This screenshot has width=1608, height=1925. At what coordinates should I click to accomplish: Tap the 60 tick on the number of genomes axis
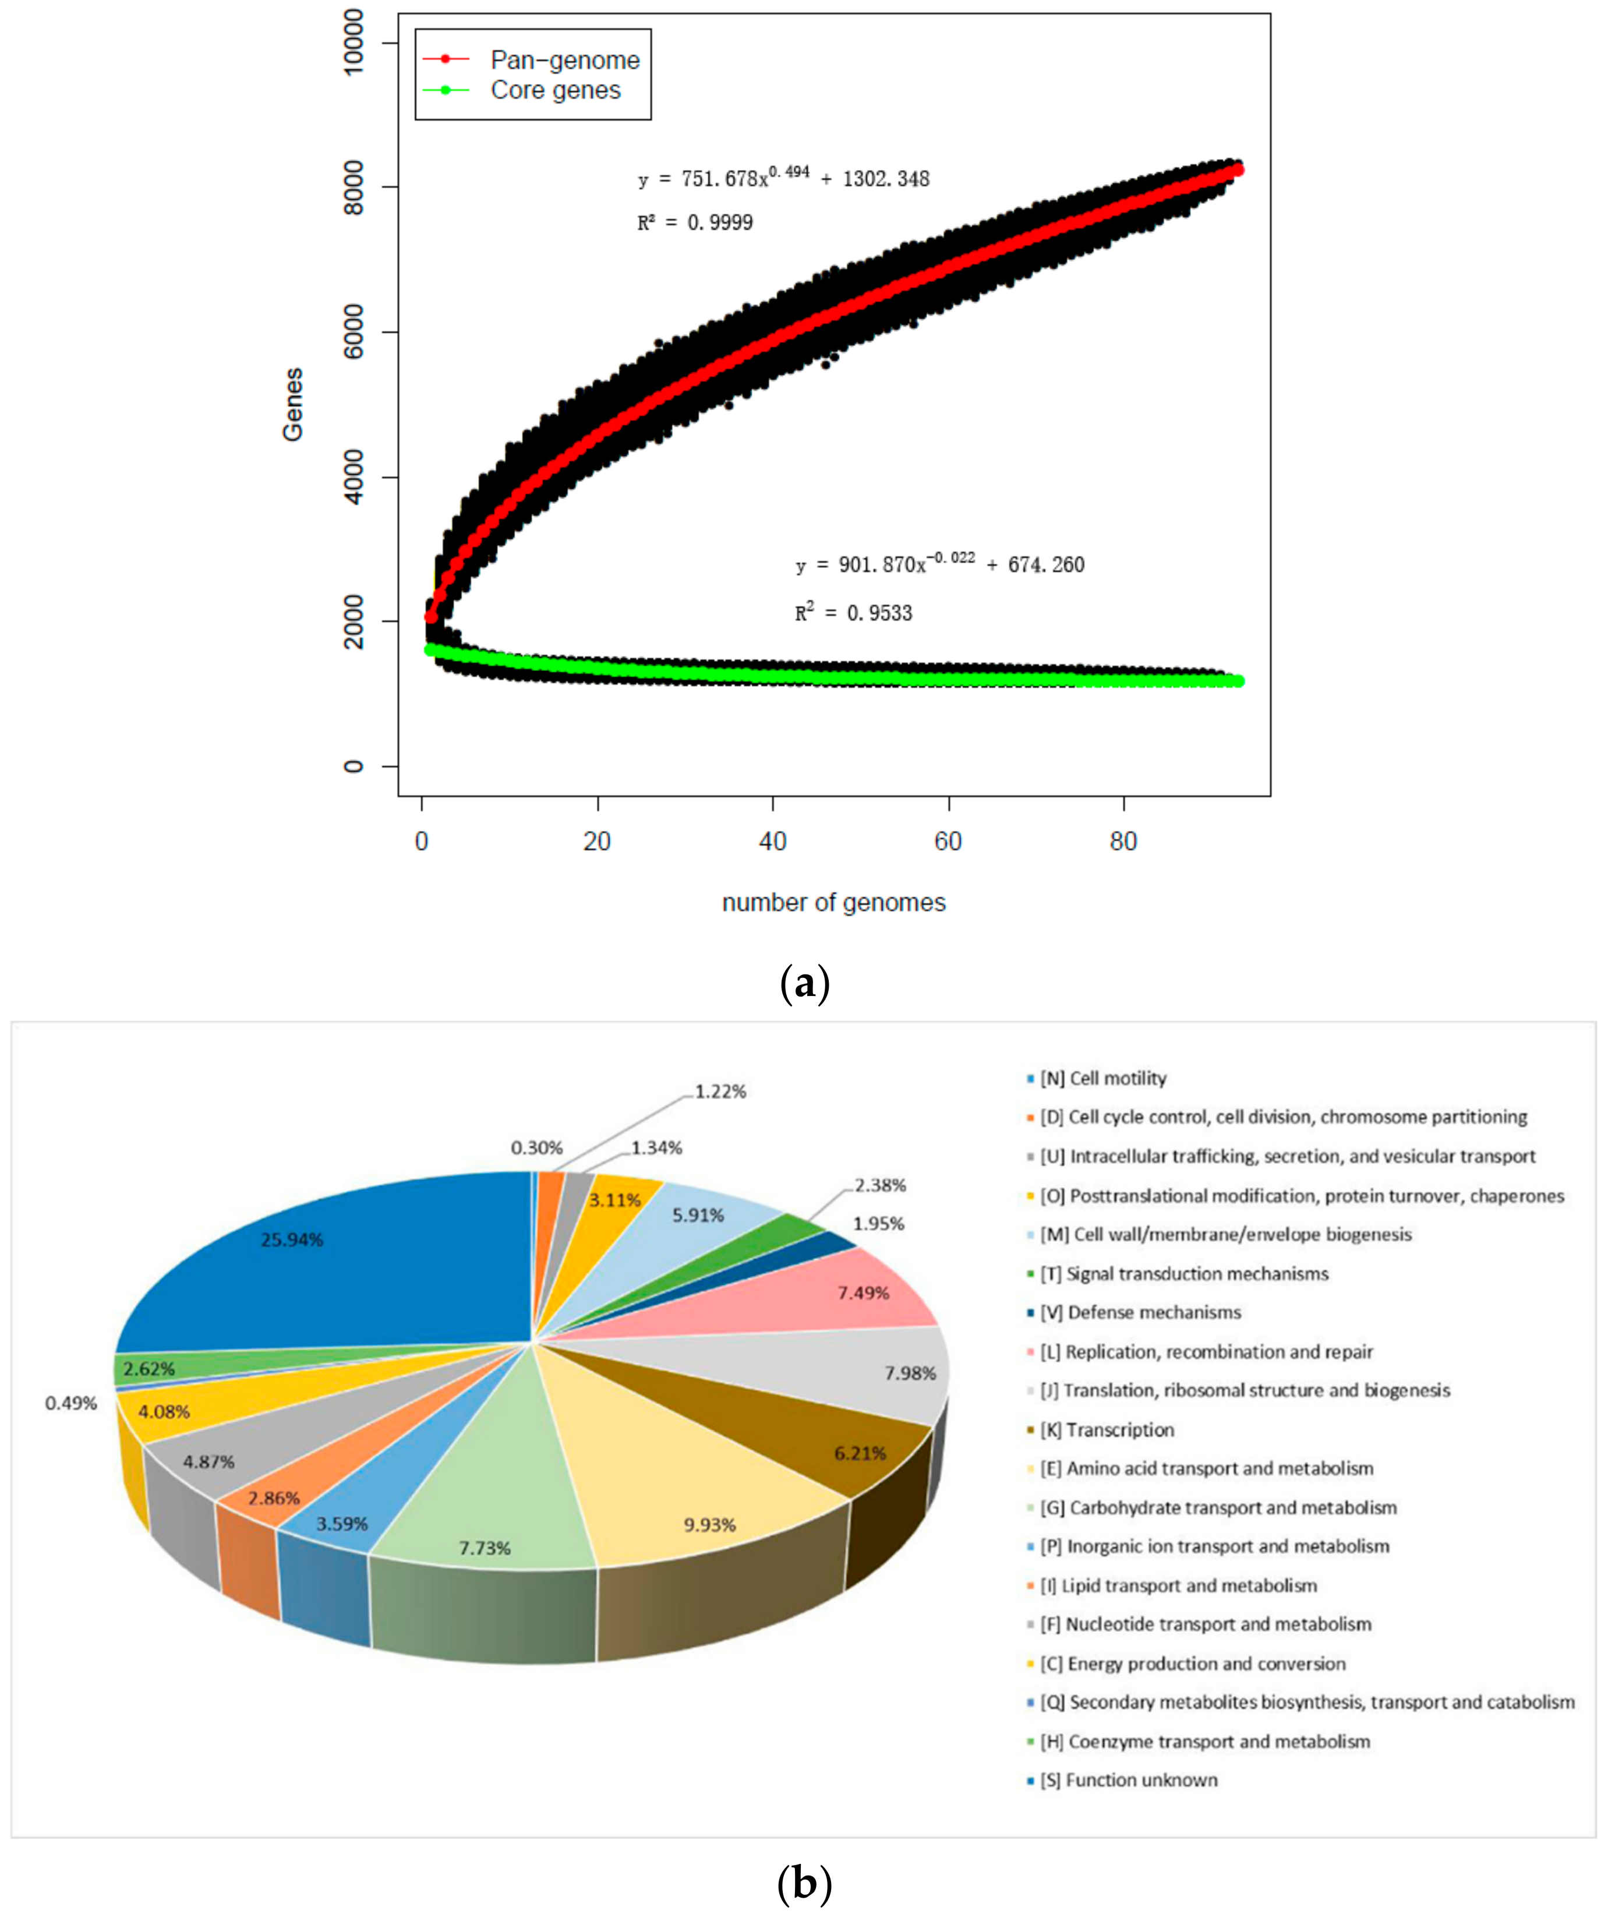948,840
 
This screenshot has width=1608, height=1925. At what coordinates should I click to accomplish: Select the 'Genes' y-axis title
292,404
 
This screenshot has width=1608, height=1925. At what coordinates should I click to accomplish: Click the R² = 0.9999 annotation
695,222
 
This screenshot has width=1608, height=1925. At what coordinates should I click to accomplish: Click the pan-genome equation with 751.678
784,177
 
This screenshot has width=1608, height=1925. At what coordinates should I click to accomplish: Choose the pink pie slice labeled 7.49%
862,1292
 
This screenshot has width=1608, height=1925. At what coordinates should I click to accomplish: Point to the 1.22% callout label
720,1091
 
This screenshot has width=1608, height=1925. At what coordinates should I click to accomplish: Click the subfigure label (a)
804,984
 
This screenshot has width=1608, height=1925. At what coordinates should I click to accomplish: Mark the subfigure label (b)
804,1884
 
